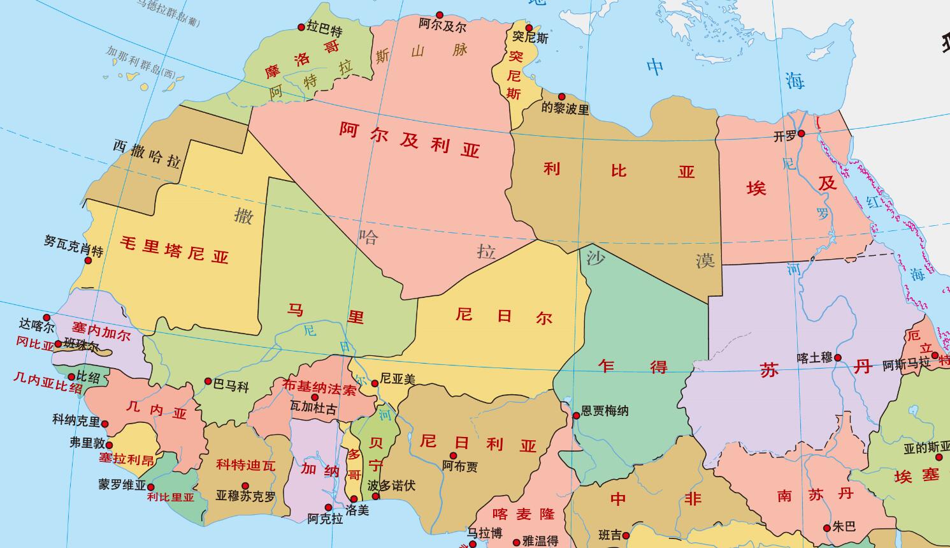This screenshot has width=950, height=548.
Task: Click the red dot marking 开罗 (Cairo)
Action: [802, 133]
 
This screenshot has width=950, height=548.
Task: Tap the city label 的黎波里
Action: [565, 108]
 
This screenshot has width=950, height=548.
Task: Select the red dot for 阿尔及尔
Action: [440, 15]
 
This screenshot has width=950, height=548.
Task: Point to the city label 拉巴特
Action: [324, 29]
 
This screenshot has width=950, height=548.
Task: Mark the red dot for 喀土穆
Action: [838, 358]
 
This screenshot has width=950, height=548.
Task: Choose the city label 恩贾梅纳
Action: [605, 411]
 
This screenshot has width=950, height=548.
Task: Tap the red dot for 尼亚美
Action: [375, 383]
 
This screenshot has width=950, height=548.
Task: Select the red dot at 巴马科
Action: [208, 381]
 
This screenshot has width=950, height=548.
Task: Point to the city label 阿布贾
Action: [459, 466]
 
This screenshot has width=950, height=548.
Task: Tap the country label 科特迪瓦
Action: [245, 465]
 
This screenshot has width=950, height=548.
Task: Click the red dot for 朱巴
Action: [827, 528]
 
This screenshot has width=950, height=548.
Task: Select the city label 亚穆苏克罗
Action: [245, 496]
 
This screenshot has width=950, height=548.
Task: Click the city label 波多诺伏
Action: [391, 486]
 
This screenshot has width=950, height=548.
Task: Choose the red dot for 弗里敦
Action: [109, 445]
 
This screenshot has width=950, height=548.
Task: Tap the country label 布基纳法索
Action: [319, 388]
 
